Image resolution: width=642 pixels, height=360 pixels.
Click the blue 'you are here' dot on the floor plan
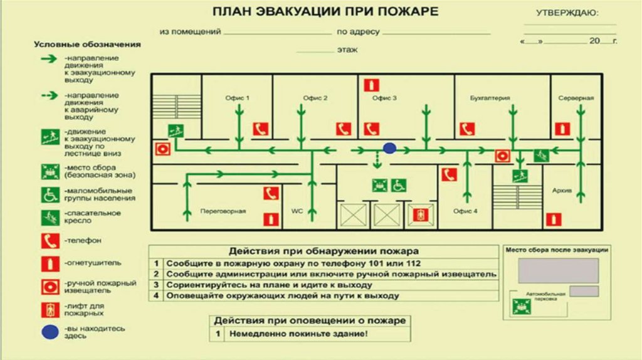click(389, 148)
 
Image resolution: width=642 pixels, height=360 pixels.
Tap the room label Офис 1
click(238, 98)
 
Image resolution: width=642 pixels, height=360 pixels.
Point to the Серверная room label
click(576, 98)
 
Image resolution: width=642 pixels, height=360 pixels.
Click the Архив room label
click(562, 190)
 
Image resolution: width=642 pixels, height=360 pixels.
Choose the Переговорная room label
click(223, 211)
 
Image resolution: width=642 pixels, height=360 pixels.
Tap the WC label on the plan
click(297, 211)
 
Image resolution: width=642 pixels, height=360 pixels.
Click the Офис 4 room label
click(465, 211)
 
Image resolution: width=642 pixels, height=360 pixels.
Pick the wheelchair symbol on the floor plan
click(399, 185)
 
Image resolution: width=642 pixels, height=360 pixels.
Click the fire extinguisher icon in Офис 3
click(371, 85)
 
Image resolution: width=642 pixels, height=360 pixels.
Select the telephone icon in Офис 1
click(260, 129)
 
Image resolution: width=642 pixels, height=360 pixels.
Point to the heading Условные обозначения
click(87, 45)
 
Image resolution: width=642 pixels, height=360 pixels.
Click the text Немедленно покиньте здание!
click(298, 334)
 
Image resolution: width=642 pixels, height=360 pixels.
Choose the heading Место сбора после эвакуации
click(557, 249)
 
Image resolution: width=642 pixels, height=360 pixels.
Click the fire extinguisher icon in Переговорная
click(271, 219)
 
